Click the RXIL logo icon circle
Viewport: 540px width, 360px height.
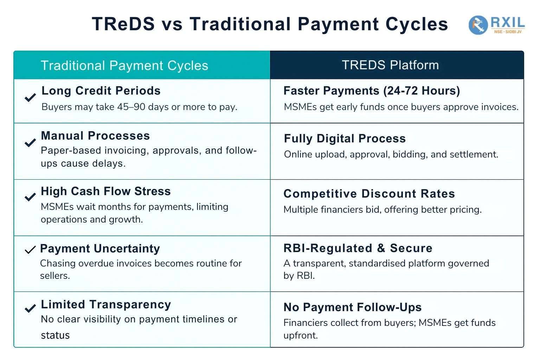(478, 25)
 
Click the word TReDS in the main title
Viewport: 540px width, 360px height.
(123, 24)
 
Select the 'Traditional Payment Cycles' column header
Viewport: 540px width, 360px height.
(124, 65)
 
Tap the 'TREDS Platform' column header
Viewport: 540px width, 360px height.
(390, 65)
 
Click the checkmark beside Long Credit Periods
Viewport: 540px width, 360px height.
(30, 98)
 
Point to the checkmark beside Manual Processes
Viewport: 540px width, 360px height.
(30, 143)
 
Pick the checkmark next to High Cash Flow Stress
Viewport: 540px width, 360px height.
(30, 197)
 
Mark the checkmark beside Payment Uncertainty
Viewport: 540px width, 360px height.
(30, 250)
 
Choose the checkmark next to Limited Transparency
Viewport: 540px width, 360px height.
(30, 308)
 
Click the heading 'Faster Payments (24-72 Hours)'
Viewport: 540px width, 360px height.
(372, 91)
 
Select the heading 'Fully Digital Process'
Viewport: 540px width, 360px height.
(345, 139)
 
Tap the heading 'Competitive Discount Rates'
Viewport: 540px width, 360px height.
(369, 194)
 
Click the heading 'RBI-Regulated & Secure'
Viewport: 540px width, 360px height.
(358, 248)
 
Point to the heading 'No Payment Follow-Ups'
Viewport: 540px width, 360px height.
(353, 307)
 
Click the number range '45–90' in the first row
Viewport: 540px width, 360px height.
(131, 107)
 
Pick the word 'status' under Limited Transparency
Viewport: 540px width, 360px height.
(55, 335)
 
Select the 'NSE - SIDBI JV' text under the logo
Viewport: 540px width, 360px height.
(508, 32)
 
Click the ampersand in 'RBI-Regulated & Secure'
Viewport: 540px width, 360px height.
(381, 248)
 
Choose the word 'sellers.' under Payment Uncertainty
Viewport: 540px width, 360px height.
(55, 276)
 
